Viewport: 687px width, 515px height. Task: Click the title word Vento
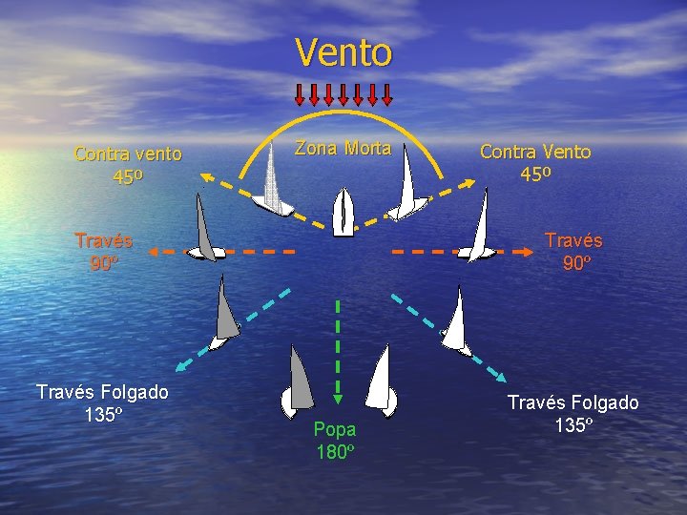343,52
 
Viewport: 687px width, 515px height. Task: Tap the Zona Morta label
343,148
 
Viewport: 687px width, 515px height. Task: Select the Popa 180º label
336,440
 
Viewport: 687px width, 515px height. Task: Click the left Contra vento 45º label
128,164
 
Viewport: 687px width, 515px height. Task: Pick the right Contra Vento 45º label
535,162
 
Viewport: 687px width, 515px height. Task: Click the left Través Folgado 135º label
102,402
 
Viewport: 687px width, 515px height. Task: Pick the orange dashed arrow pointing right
458,252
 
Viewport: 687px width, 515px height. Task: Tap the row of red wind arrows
343,93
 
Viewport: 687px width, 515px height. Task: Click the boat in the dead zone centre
343,211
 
